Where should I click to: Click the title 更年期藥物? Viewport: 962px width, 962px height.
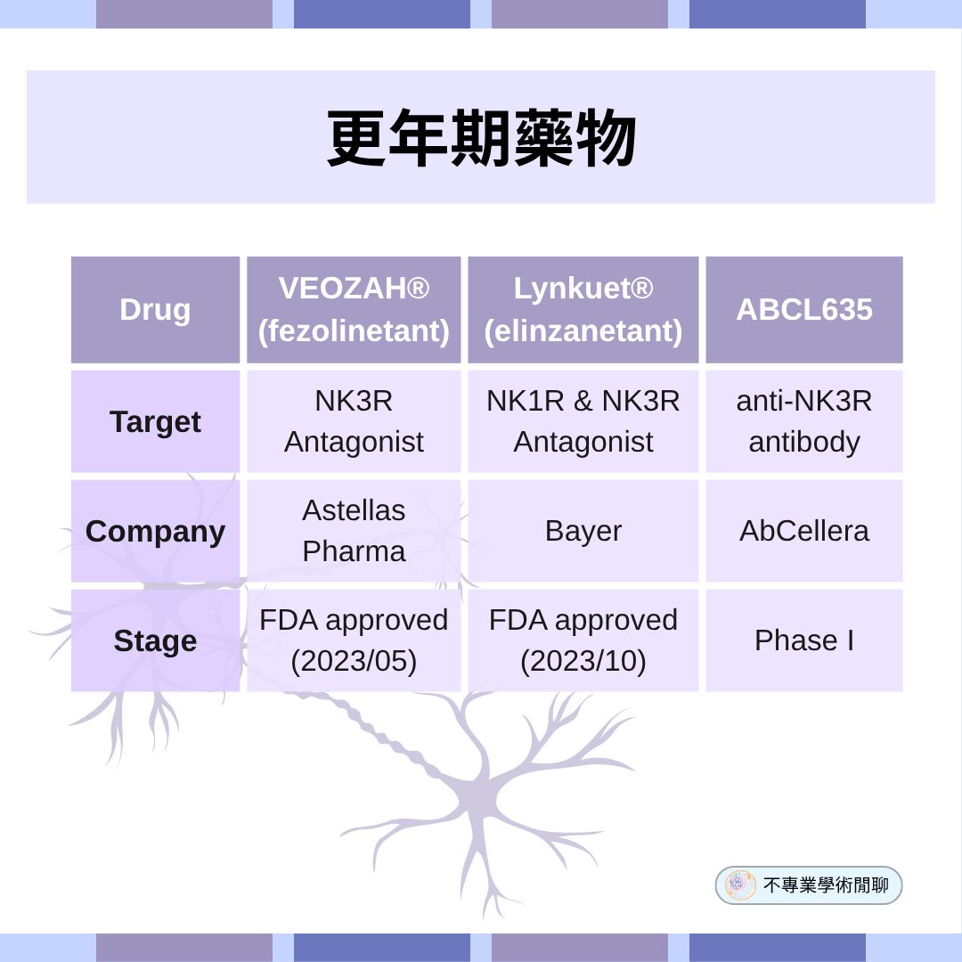click(481, 139)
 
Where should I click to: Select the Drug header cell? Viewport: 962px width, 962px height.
click(155, 310)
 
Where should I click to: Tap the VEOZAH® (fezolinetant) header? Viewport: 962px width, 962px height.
click(354, 310)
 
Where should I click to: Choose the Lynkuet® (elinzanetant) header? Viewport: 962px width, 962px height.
click(583, 310)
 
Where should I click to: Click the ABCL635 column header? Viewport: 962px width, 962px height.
click(803, 310)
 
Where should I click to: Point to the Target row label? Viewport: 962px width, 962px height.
click(155, 421)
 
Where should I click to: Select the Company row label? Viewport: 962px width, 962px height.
click(155, 532)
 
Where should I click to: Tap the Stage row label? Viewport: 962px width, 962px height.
click(155, 641)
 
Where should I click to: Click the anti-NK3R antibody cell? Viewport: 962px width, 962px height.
click(803, 421)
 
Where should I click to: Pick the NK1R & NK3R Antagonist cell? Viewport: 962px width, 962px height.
click(583, 421)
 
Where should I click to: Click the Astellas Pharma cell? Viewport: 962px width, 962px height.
click(354, 531)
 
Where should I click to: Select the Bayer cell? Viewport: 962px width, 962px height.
click(583, 531)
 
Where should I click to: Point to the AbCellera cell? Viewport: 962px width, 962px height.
click(803, 531)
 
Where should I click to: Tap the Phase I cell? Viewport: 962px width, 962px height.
click(803, 640)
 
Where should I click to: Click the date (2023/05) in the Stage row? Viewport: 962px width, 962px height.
click(354, 662)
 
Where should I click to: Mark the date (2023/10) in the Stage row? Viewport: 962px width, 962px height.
click(583, 662)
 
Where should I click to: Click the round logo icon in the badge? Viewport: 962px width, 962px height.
click(740, 885)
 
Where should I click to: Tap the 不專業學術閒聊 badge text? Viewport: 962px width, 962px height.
click(826, 885)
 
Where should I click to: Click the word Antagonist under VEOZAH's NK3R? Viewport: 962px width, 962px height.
click(354, 442)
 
